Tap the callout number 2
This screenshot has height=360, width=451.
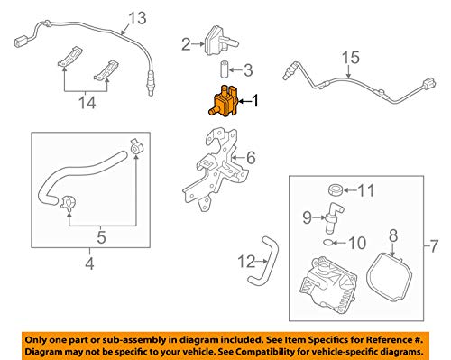186,43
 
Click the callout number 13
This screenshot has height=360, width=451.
135,18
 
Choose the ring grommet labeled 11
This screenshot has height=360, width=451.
334,190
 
